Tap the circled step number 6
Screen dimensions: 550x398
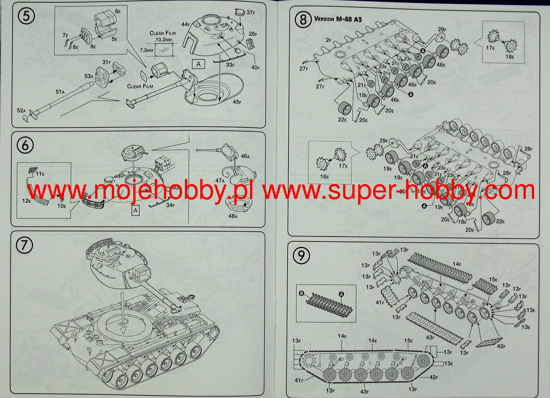point(25,145)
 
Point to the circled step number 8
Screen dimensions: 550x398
point(303,20)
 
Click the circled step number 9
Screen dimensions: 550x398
point(302,255)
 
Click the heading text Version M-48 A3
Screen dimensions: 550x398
point(338,19)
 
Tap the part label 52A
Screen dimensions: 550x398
point(21,110)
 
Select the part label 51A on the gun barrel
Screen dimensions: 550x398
point(60,92)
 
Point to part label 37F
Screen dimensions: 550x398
point(251,12)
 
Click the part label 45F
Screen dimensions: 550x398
point(237,102)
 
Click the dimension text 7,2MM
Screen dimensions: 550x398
point(146,50)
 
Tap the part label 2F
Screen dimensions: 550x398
point(329,40)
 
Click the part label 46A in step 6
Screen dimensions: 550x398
point(245,156)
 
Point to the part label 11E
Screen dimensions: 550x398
point(40,174)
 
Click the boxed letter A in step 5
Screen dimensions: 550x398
point(198,64)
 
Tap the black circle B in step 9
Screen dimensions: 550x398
point(301,294)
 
